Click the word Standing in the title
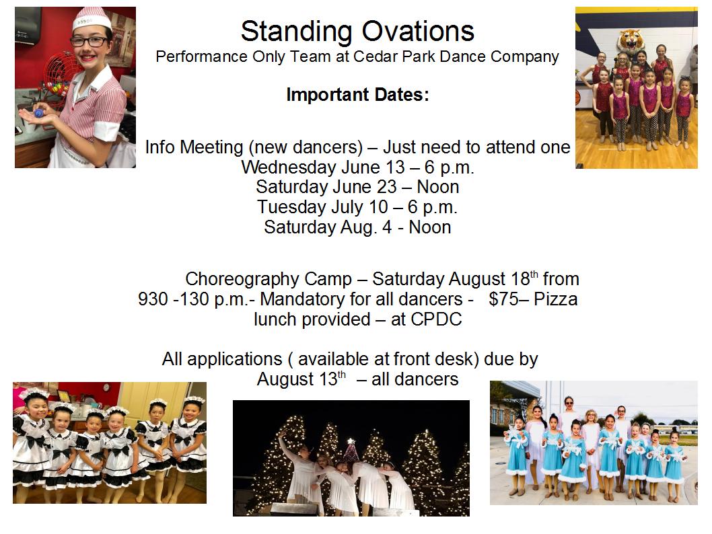(x=296, y=32)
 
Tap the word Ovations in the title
(x=418, y=32)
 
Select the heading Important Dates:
(x=357, y=95)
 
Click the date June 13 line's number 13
(x=395, y=167)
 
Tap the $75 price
(x=501, y=299)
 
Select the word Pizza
(x=556, y=299)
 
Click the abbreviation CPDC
(x=436, y=319)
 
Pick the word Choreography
(x=269, y=280)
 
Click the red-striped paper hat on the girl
(x=92, y=18)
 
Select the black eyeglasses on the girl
(x=88, y=42)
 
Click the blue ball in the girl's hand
(x=39, y=113)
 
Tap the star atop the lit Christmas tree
(x=351, y=441)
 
